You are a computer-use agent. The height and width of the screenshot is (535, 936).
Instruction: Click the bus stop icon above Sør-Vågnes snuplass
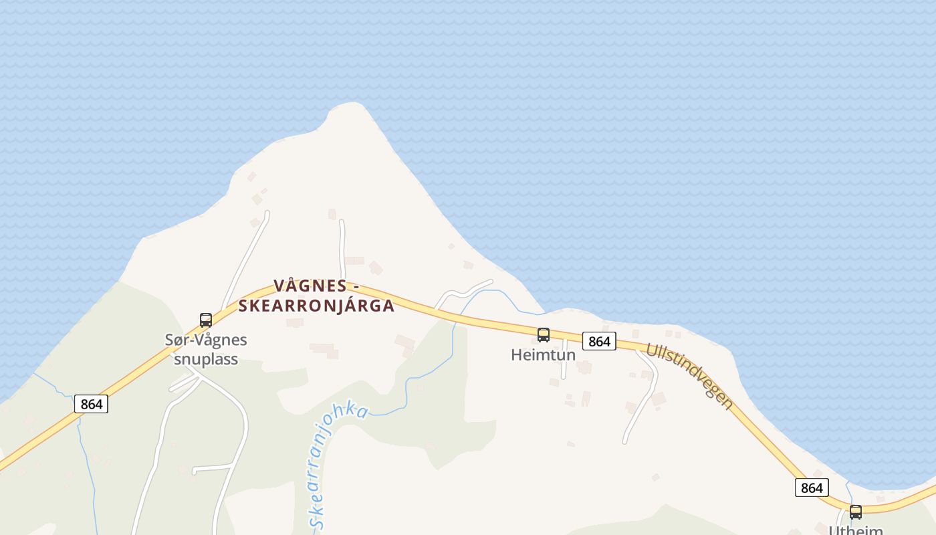point(206,320)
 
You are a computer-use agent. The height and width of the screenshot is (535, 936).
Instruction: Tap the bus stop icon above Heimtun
point(544,335)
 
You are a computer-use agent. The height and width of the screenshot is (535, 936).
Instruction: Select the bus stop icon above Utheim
point(856,513)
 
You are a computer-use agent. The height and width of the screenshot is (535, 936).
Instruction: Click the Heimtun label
point(543,355)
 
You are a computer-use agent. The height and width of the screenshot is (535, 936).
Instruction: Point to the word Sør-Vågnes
point(206,340)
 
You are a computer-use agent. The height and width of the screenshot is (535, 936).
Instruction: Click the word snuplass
point(206,359)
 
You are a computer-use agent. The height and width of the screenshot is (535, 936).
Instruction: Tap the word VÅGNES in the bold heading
point(310,286)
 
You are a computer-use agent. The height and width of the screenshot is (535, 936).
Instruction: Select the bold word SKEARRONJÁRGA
point(316,306)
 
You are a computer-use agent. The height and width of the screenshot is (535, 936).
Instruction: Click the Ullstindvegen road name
point(689,376)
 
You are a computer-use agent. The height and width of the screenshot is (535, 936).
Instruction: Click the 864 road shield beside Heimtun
point(599,341)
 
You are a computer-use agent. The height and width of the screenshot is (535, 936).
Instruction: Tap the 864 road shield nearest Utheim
point(812,488)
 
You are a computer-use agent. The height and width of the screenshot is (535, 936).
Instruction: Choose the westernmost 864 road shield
point(91,404)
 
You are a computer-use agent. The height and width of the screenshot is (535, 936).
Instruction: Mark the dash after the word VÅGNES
point(356,287)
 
